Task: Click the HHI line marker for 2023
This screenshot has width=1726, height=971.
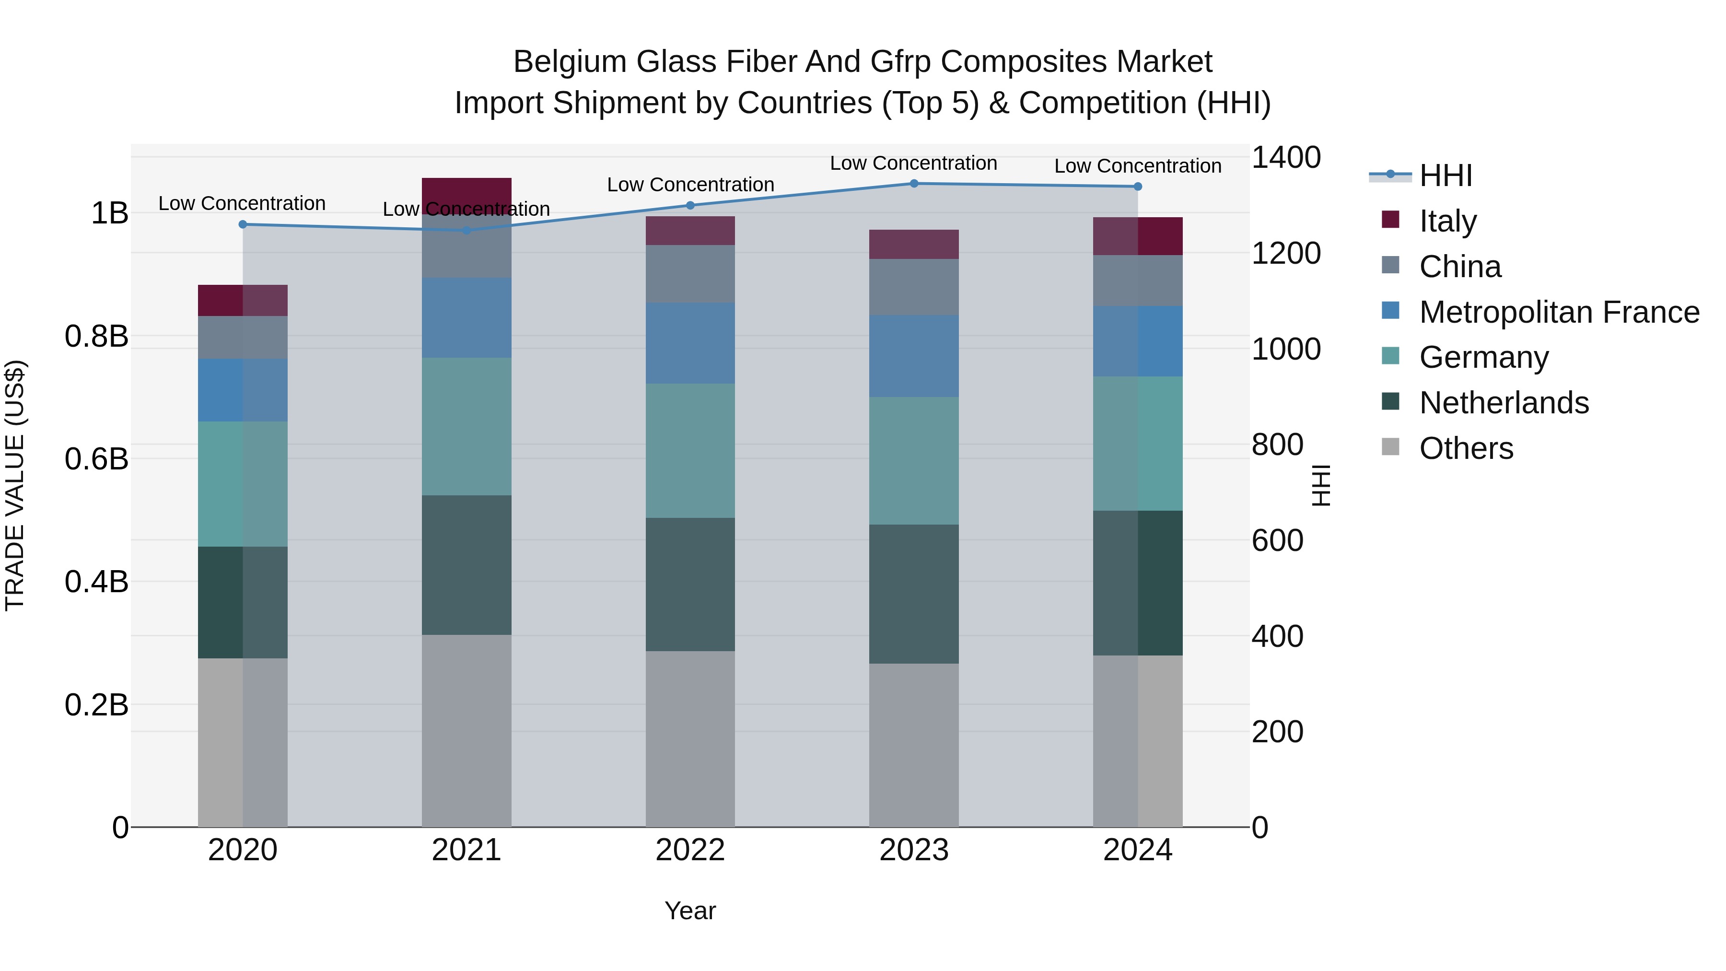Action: [x=914, y=183]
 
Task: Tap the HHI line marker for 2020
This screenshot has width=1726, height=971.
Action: [x=243, y=224]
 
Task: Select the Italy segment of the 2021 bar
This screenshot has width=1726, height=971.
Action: [x=466, y=191]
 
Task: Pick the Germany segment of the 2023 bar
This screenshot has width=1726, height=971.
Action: [x=914, y=460]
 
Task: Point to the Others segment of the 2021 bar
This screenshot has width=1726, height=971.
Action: [x=466, y=730]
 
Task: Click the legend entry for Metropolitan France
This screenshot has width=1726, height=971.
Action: [x=1559, y=312]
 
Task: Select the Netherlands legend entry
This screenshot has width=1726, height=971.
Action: [x=1504, y=403]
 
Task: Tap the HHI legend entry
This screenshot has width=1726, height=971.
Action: [x=1445, y=175]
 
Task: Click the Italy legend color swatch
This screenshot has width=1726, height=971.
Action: [x=1390, y=220]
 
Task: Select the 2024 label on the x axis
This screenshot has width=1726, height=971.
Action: [x=1138, y=850]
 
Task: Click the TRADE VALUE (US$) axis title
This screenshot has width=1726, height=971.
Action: [x=15, y=485]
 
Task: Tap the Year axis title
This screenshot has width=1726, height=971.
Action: [x=690, y=911]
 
